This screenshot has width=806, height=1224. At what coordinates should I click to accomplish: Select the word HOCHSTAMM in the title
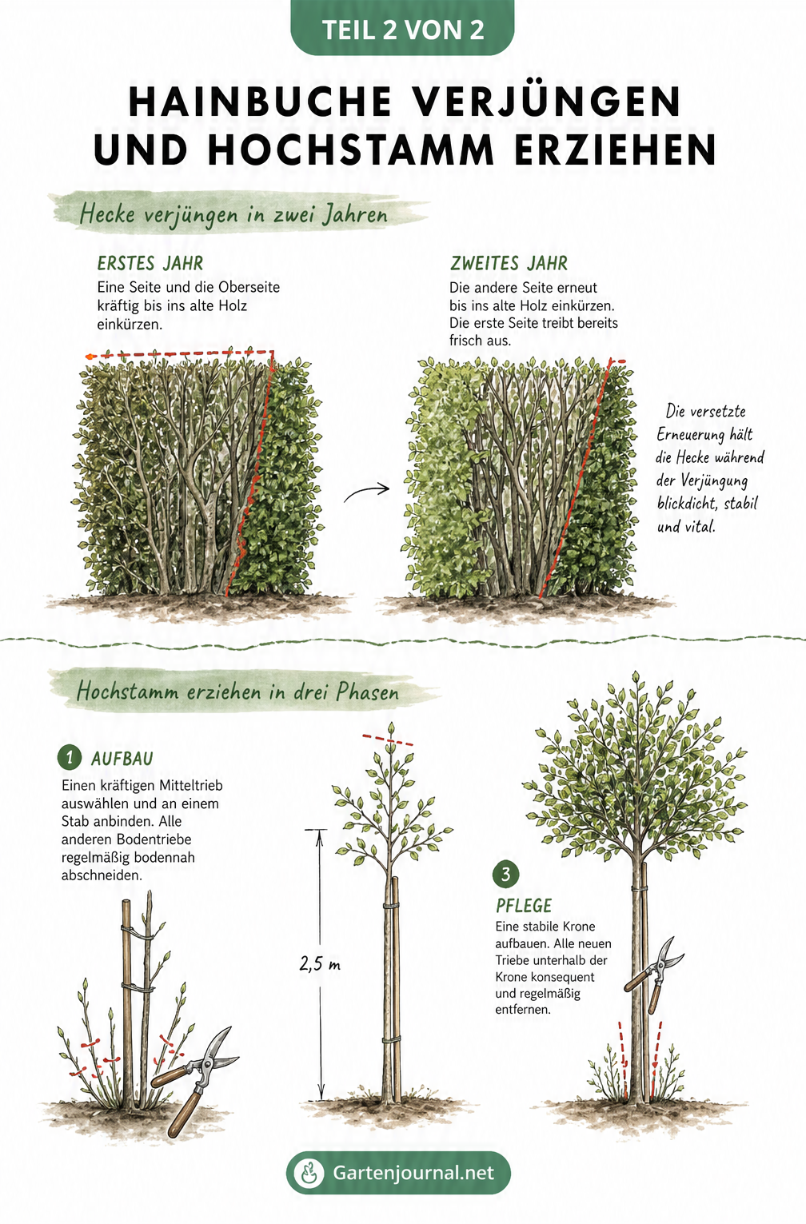click(x=351, y=150)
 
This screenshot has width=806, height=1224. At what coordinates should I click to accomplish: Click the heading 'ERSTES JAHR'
click(x=150, y=263)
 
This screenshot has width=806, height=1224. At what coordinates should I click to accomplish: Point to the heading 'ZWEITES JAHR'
click(x=509, y=263)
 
